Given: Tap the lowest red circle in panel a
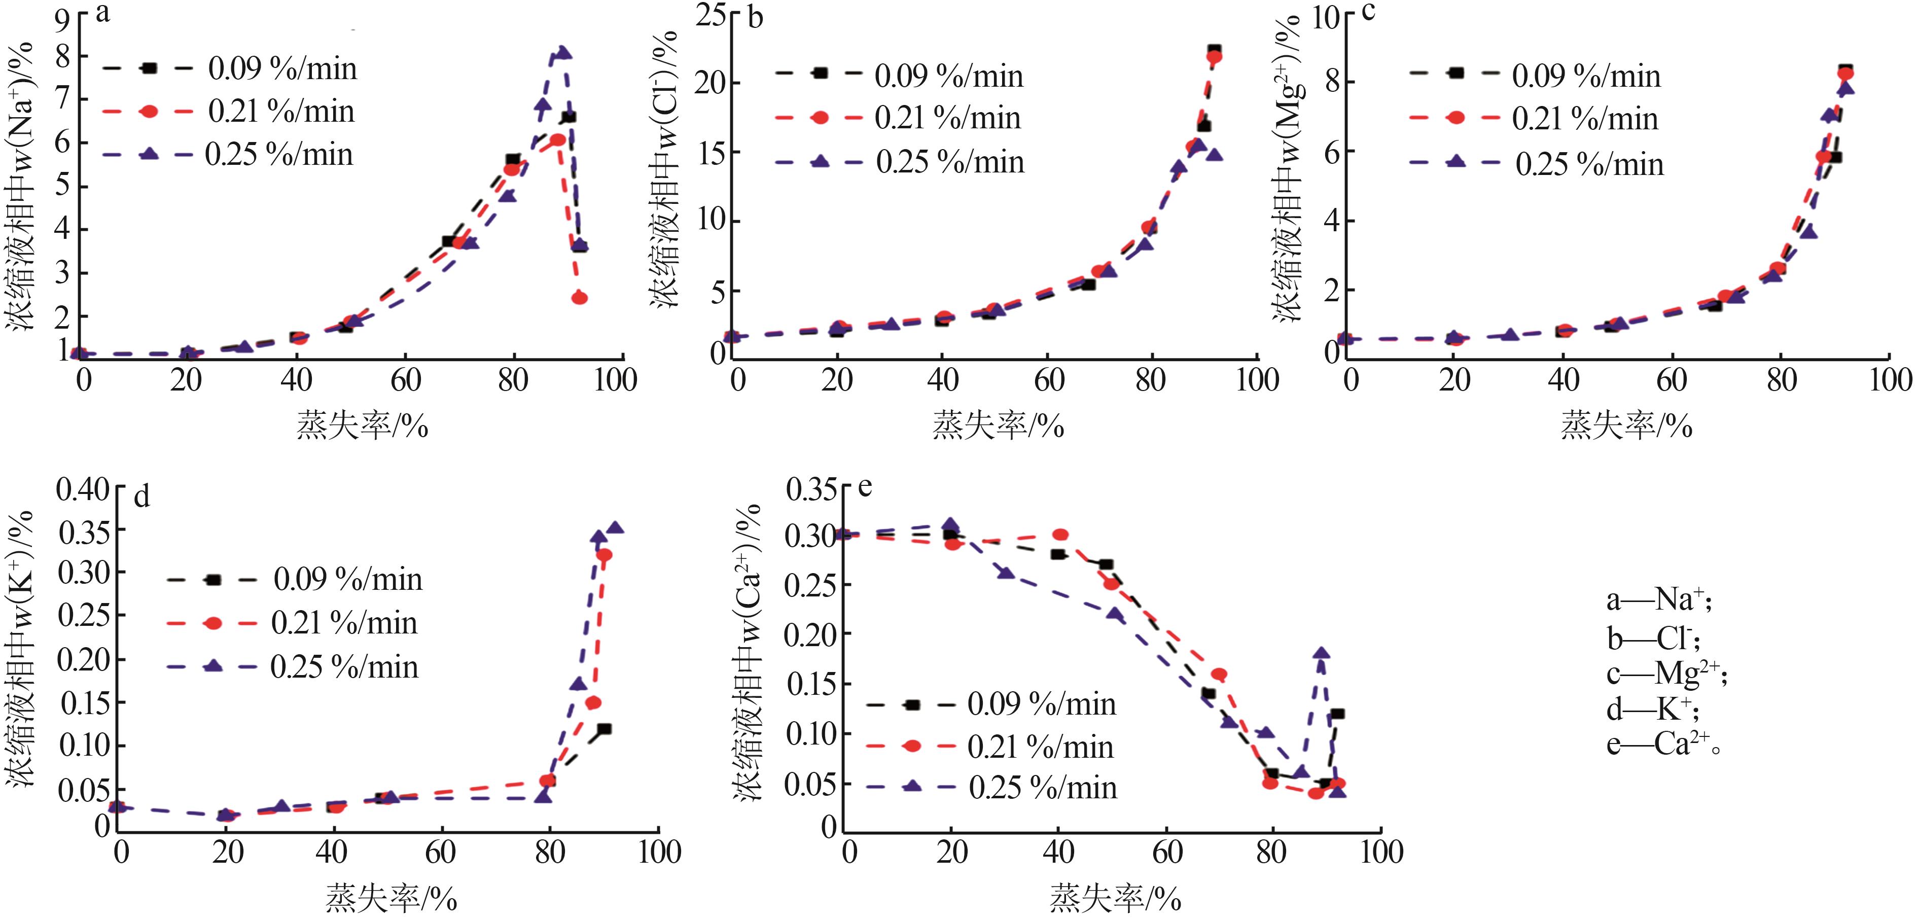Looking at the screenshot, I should tap(580, 298).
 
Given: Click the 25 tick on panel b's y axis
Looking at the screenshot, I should tap(712, 15).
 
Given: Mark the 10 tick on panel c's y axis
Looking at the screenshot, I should tap(1325, 16).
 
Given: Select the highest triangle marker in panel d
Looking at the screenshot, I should tap(615, 527).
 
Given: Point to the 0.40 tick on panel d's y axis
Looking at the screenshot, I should tap(83, 489).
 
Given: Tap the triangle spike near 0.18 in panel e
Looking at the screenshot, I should tap(1322, 653).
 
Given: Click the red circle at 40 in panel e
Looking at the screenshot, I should tap(1060, 534).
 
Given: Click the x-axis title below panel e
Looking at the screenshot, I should tap(1115, 899).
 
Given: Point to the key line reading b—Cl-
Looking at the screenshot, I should tap(1652, 638).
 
